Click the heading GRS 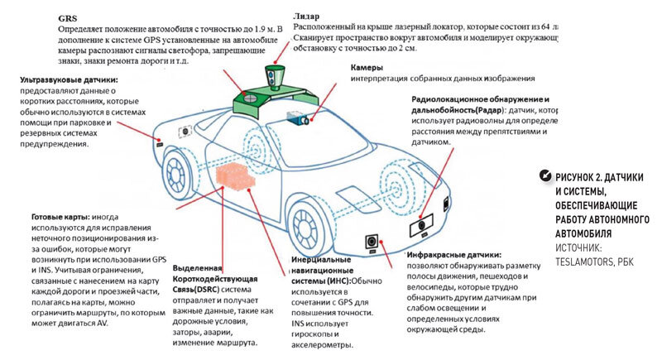(x=69, y=17)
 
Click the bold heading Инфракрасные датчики (x=453, y=255)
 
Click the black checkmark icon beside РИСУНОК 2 (x=544, y=175)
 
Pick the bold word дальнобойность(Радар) (x=460, y=110)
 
